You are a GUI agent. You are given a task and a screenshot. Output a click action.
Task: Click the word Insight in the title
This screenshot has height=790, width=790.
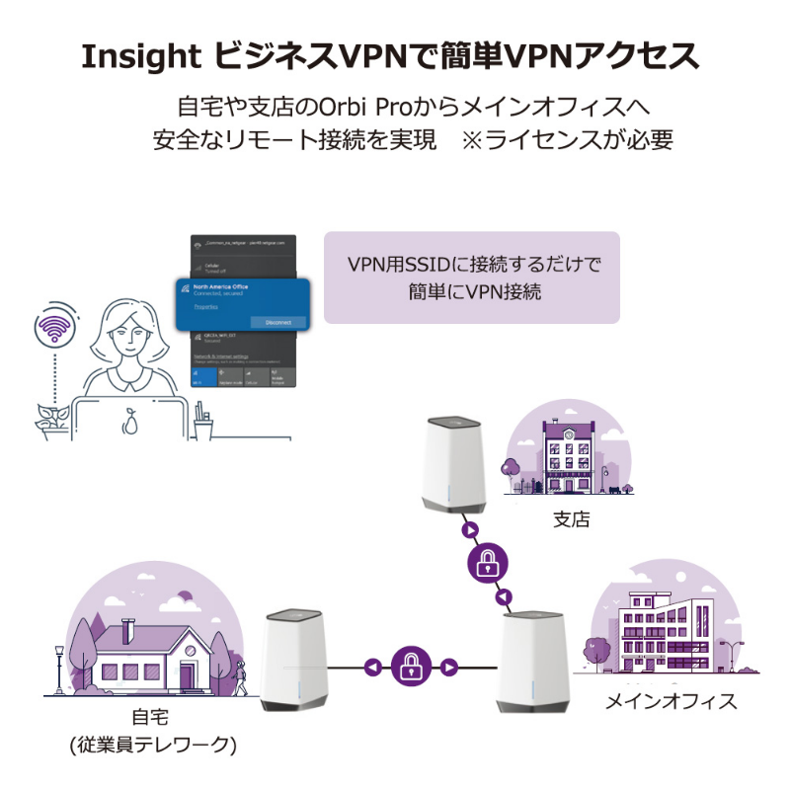142,56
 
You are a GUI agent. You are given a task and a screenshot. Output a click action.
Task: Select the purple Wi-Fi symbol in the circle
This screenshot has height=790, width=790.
54,328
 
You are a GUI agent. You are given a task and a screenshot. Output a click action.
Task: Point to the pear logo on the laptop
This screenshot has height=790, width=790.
128,422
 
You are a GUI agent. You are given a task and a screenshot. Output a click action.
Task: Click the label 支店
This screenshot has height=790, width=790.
571,517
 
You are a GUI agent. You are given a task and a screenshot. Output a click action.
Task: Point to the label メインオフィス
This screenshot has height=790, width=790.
671,701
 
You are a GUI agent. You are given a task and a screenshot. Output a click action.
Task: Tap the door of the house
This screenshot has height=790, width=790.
187,676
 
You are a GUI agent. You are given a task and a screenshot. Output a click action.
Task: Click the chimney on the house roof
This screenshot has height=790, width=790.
127,629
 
